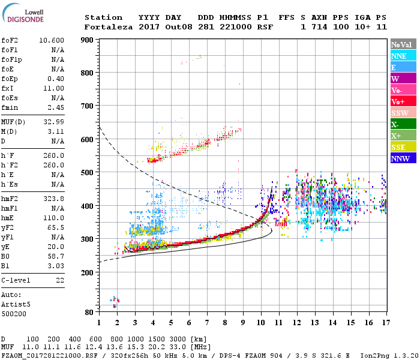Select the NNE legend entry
point(403,56)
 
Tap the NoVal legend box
point(403,44)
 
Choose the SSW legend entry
point(403,113)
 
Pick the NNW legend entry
point(403,158)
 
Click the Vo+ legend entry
point(403,101)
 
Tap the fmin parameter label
point(10,107)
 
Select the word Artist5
point(16,304)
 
